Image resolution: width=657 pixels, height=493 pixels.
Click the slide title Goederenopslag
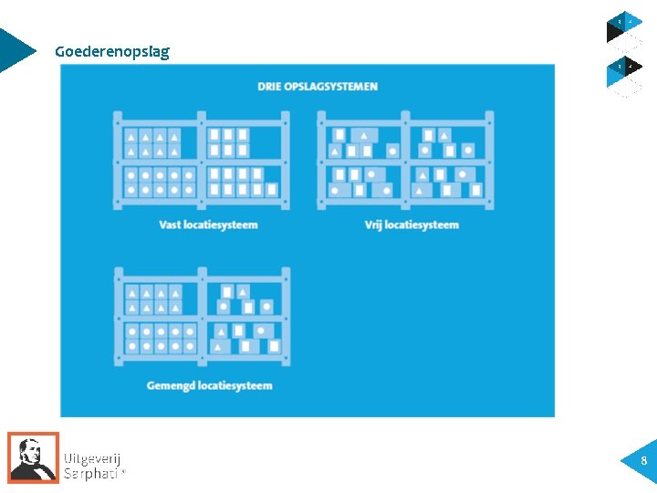point(111,51)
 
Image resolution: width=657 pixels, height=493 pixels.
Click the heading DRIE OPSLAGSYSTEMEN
point(318,87)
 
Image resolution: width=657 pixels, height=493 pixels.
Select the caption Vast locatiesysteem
point(208,225)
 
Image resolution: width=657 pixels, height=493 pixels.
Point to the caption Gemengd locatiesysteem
point(209,385)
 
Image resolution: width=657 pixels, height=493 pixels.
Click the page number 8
point(643,461)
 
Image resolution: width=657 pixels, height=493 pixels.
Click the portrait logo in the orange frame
point(34,457)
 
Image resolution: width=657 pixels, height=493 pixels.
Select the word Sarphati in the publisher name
point(90,473)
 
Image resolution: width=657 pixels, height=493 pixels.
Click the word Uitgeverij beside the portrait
point(92,458)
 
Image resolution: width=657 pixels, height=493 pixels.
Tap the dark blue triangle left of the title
point(15,50)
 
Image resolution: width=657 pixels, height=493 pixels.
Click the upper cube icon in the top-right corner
point(625,29)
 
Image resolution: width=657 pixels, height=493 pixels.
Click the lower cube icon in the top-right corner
point(625,73)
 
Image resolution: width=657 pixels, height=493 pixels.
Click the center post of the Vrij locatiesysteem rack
point(405,160)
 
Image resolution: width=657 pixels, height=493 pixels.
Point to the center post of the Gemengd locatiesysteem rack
point(202,316)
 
